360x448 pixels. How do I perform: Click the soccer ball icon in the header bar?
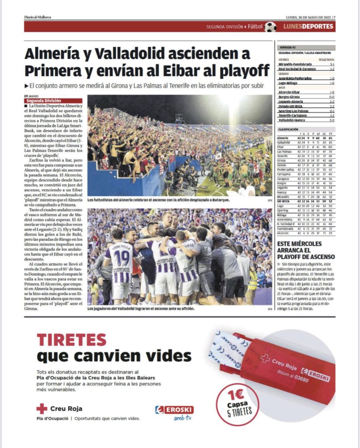click(x=270, y=27)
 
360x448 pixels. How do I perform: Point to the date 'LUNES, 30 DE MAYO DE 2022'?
click(x=308, y=17)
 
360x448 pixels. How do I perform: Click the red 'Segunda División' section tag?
click(x=53, y=101)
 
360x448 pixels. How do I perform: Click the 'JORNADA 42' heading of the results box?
click(x=287, y=48)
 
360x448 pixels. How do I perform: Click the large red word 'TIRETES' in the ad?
click(x=72, y=340)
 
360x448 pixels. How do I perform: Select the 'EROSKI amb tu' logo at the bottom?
click(x=174, y=412)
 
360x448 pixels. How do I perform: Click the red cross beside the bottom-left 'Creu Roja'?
click(x=42, y=409)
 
